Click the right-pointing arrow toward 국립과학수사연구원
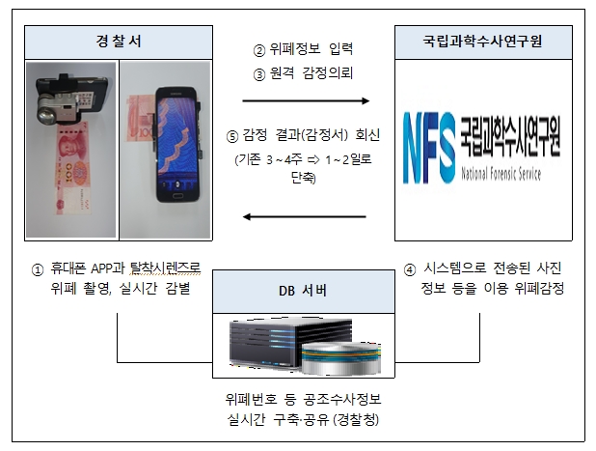pyautogui.click(x=306, y=99)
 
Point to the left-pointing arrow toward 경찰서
pyautogui.click(x=306, y=216)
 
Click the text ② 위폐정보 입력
pyautogui.click(x=304, y=50)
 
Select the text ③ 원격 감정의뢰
pyautogui.click(x=304, y=73)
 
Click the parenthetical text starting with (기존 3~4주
pyautogui.click(x=304, y=159)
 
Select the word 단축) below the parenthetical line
pyautogui.click(x=304, y=179)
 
